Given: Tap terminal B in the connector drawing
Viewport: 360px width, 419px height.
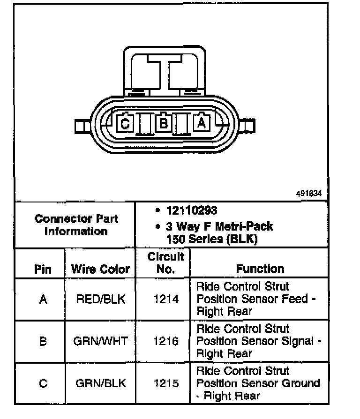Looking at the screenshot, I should (164, 123).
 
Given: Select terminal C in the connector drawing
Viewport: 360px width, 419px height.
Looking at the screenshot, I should (125, 124).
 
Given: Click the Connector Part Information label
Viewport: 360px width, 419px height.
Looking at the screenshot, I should (76, 225).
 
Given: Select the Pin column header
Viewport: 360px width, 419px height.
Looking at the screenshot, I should (43, 269).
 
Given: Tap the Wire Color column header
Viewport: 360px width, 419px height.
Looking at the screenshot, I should (100, 269).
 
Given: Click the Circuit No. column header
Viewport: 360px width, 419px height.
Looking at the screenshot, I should (166, 262).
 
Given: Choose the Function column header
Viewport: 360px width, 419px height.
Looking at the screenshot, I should (260, 269).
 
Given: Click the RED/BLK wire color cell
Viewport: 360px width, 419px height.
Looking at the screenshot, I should (100, 299).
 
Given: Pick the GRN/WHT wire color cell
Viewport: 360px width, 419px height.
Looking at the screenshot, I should (100, 341).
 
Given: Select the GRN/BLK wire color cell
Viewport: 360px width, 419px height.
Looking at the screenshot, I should (100, 383).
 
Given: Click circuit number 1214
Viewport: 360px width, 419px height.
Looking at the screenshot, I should (166, 299).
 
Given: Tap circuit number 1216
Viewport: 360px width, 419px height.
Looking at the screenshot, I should (166, 341).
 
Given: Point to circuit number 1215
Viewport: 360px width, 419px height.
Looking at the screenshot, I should (166, 383).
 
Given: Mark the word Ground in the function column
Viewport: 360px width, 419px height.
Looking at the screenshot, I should (300, 383).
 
